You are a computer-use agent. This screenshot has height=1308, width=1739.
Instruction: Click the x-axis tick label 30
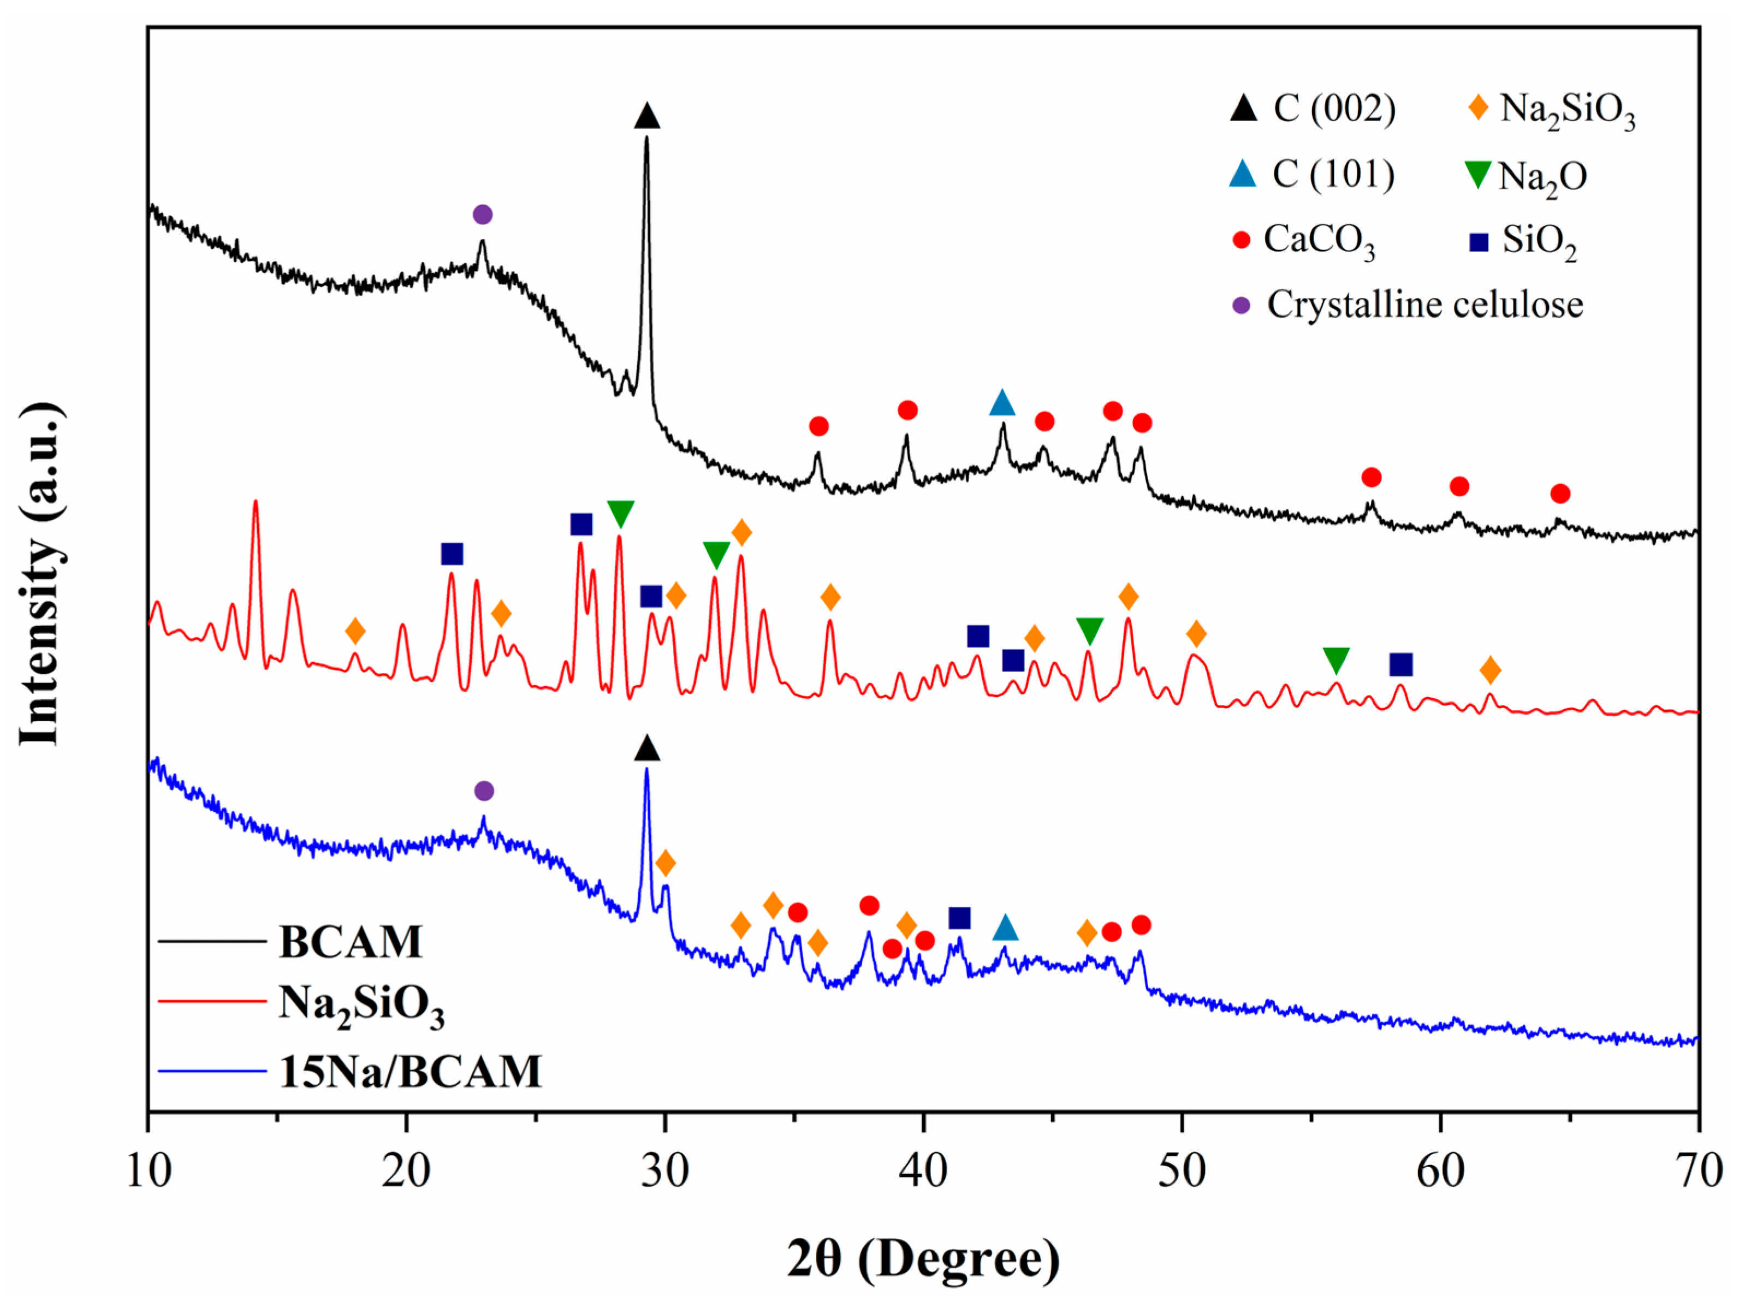(664, 1171)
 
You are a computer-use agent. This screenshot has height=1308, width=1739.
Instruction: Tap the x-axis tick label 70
(1698, 1171)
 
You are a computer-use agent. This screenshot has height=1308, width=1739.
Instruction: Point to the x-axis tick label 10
(149, 1171)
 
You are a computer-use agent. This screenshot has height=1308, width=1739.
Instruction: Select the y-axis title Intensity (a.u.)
(39, 574)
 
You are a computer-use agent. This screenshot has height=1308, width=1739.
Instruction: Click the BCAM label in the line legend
(351, 942)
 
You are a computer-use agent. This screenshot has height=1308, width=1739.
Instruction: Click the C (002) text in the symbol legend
(1334, 109)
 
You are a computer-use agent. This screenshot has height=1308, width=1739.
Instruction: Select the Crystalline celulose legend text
(1425, 305)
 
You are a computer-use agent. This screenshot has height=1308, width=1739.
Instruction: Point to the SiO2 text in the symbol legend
(1539, 241)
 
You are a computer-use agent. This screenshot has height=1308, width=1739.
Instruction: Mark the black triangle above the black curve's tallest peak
(647, 116)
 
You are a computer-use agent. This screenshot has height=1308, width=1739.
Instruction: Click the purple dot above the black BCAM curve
(483, 215)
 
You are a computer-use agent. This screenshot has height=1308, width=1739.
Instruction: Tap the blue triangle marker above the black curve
(1001, 403)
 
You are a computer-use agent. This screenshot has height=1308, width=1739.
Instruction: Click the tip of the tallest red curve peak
(256, 502)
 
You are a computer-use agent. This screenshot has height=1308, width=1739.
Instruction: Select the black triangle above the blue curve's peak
(647, 749)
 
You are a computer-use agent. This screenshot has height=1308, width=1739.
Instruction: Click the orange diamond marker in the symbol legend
(1479, 107)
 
